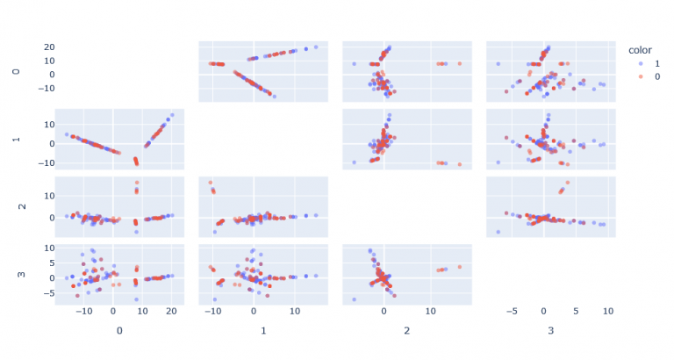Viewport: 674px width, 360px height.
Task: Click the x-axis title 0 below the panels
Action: pyautogui.click(x=119, y=331)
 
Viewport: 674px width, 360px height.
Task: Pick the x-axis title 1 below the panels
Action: pyautogui.click(x=263, y=331)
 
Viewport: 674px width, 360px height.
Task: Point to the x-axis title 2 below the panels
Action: pyautogui.click(x=407, y=331)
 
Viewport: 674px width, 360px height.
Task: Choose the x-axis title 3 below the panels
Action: pyautogui.click(x=551, y=331)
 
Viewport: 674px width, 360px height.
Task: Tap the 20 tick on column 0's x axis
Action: pyautogui.click(x=171, y=312)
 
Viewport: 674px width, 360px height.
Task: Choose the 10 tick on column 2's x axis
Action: pyautogui.click(x=430, y=312)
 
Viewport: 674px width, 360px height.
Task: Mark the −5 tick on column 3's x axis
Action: pyautogui.click(x=511, y=312)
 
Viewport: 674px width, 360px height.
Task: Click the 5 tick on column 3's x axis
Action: pyautogui.click(x=576, y=312)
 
